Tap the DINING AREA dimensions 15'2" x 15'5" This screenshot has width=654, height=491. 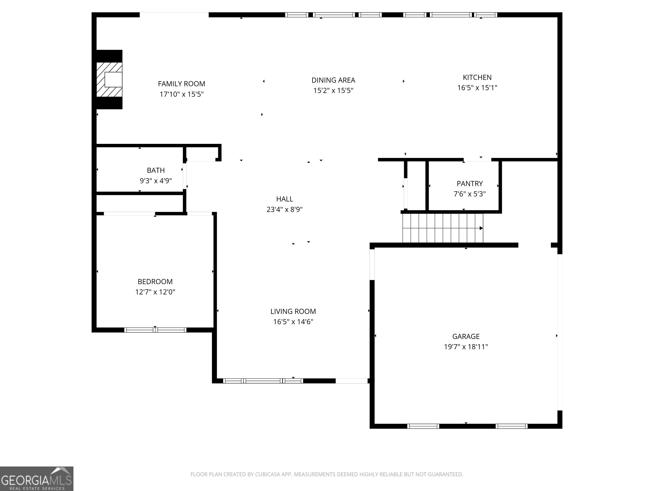point(333,90)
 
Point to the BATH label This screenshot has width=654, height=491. point(156,170)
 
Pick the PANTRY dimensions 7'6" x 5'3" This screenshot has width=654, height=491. point(469,194)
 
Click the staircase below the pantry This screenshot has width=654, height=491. point(442,228)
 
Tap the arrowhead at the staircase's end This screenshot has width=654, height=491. point(481,228)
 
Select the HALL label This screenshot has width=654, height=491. point(284,199)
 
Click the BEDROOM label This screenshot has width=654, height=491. point(155,282)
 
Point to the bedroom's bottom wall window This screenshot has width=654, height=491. point(155,330)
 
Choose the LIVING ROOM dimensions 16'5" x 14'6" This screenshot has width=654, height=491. point(293,322)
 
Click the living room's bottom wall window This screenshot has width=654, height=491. point(263,381)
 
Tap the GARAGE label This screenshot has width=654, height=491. point(466,336)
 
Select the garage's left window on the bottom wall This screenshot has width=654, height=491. point(423,426)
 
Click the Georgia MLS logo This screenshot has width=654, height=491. point(36,479)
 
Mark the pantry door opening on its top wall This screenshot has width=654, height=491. point(477,160)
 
